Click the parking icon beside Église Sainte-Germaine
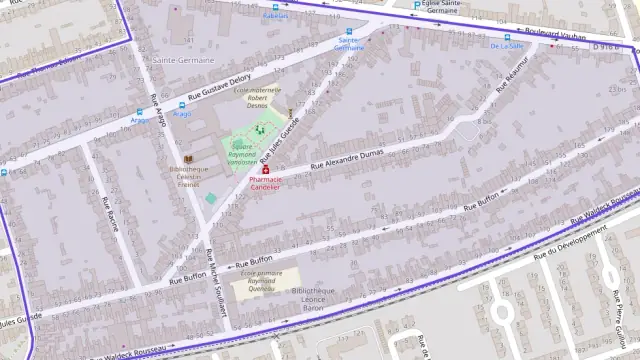pyautogui.click(x=416, y=5)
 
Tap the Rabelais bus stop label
pyautogui.click(x=274, y=16)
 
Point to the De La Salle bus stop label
pyautogui.click(x=507, y=46)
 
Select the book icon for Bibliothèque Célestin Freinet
pyautogui.click(x=187, y=158)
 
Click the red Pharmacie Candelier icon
pyautogui.click(x=266, y=170)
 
